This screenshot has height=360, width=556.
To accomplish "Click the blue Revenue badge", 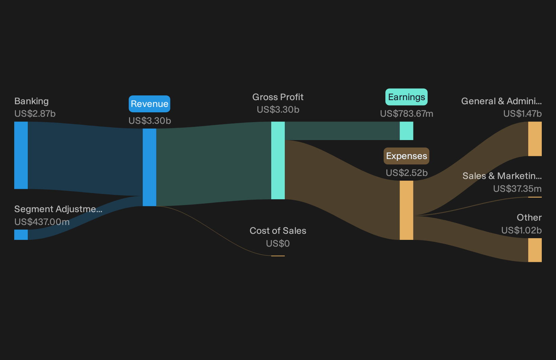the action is (x=149, y=104).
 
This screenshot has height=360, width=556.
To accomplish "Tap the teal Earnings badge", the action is (x=406, y=97).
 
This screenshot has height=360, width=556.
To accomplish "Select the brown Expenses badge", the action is (x=406, y=156).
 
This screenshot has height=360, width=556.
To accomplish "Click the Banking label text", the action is (x=31, y=101).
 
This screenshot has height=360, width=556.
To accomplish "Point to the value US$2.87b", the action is (x=35, y=114).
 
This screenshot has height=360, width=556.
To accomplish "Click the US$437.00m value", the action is (x=42, y=222).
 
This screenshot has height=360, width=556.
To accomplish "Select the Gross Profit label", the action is (x=278, y=97).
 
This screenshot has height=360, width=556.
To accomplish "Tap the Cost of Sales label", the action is (x=278, y=231).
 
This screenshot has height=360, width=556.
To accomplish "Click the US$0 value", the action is (x=278, y=244).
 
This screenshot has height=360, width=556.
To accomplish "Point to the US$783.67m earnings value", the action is (x=407, y=114).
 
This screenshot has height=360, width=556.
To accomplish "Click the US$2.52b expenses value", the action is (x=407, y=173).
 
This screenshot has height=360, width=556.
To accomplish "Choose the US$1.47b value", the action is (x=522, y=114).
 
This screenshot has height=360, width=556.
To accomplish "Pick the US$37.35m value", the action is (x=517, y=189).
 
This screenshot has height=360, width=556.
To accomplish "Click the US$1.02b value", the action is (x=521, y=230).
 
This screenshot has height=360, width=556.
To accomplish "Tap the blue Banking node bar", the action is (x=21, y=155).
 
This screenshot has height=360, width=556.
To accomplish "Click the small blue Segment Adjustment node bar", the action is (x=21, y=235).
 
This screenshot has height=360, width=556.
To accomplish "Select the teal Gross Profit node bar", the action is (x=278, y=160).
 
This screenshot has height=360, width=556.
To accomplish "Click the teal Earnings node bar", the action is (x=406, y=131).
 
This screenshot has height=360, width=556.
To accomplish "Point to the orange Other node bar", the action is (x=535, y=250).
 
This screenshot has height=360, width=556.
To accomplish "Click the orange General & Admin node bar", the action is (x=535, y=139).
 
